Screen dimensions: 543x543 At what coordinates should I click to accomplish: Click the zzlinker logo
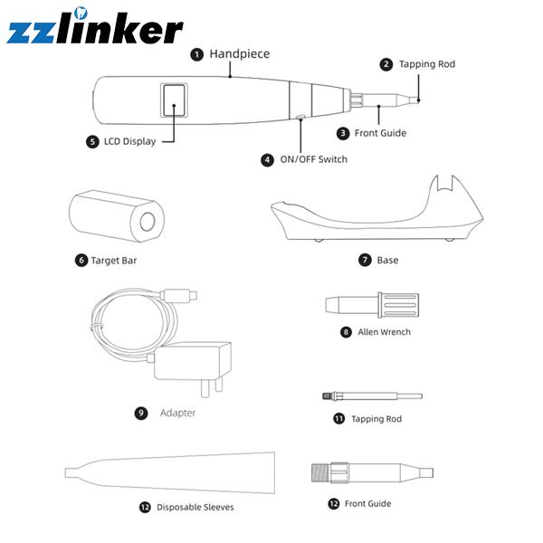[x=95, y=29]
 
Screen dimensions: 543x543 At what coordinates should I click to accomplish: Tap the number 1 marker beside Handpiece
[x=196, y=54]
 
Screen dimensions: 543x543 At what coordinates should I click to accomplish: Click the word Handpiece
[x=240, y=54]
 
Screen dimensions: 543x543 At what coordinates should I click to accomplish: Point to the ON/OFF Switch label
[x=313, y=159]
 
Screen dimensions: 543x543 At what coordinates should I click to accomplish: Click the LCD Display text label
[x=129, y=142]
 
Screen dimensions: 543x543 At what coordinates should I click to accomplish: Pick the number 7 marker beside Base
[x=365, y=261]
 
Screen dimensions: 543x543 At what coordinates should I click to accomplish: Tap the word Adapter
[x=177, y=413]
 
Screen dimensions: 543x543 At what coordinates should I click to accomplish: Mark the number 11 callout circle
[x=338, y=419]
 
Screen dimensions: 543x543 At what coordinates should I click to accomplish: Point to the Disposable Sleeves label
[x=195, y=508]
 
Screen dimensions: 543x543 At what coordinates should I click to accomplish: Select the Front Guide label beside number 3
[x=380, y=133]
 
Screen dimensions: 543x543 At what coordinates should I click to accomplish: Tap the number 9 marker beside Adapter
[x=141, y=413]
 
